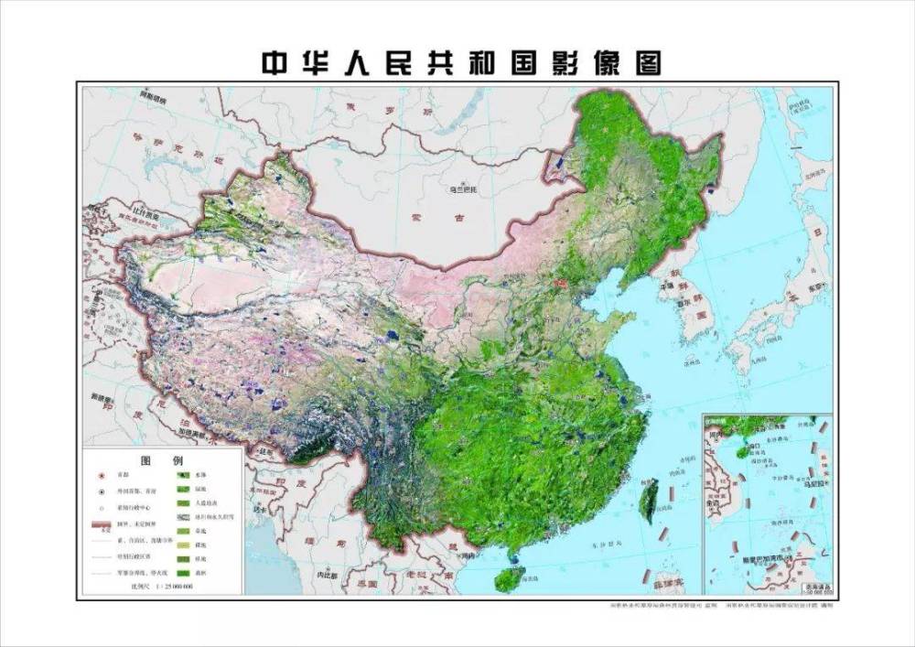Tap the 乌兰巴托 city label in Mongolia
pos(463,190)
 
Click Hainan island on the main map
pos(511,577)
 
